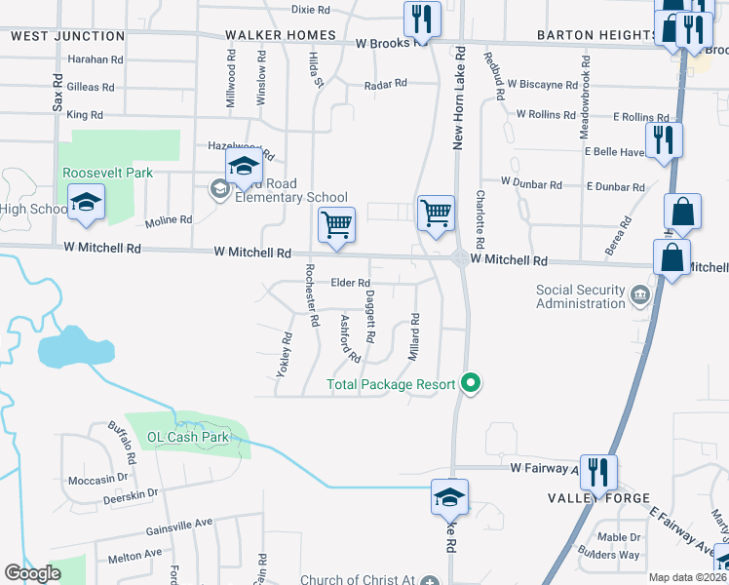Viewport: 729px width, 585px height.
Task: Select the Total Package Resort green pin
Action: pyautogui.click(x=472, y=383)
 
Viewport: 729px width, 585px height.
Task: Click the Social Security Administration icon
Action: pyautogui.click(x=639, y=294)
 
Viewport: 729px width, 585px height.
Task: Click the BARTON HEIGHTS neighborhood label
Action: pyautogui.click(x=594, y=36)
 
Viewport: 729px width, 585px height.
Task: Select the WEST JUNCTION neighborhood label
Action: pyautogui.click(x=68, y=36)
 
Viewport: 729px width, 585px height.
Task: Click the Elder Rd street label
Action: pyautogui.click(x=351, y=283)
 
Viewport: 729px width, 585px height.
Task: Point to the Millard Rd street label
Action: pyautogui.click(x=414, y=336)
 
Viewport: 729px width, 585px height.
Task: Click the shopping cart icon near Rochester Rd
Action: pyautogui.click(x=336, y=225)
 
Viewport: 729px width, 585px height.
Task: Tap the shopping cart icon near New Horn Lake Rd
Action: pyautogui.click(x=436, y=213)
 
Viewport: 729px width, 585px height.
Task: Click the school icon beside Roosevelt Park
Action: pyautogui.click(x=85, y=204)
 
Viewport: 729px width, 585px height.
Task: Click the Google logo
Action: pyautogui.click(x=32, y=573)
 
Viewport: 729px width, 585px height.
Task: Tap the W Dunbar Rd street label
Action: pyautogui.click(x=531, y=183)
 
